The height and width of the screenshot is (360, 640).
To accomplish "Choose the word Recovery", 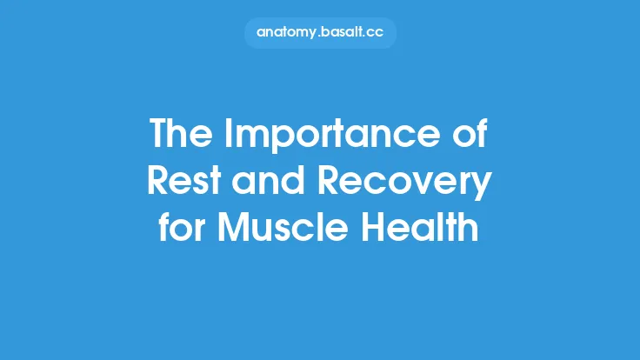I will pos(405,183).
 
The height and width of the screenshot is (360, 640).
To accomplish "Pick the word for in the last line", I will pos(180,230).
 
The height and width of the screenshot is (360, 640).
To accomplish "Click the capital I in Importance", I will pos(230,135).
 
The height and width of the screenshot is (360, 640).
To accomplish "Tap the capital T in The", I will pos(160,135).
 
